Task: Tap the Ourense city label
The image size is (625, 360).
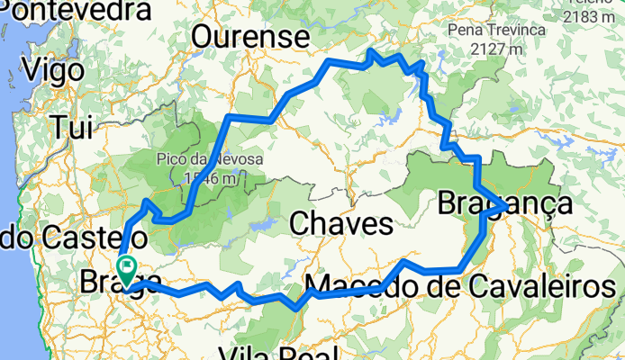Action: coord(249,37)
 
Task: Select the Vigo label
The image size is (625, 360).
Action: coord(57,69)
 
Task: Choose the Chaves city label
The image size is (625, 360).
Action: coord(340,222)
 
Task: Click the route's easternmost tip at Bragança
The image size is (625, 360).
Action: coord(504,207)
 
